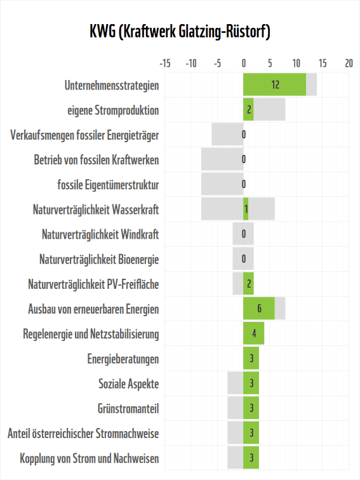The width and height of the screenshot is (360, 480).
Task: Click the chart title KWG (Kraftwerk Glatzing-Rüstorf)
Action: [180, 32]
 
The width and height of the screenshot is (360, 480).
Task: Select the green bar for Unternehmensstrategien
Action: [274, 84]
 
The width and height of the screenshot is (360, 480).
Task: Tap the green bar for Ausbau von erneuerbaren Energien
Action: [259, 309]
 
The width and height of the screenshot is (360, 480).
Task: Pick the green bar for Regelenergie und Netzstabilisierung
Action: [253, 333]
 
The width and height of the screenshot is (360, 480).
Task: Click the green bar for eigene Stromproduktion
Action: [248, 110]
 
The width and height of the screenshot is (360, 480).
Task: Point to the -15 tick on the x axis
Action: [164, 63]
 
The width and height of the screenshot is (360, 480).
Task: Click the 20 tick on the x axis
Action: [349, 63]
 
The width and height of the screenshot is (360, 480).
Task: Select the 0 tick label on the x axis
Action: [243, 63]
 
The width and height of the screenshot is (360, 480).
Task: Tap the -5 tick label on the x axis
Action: [217, 63]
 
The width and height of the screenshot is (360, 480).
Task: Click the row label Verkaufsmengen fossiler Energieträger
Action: [85, 135]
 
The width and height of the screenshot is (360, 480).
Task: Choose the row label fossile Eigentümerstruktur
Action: [108, 185]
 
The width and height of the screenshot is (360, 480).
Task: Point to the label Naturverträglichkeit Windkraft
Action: [100, 234]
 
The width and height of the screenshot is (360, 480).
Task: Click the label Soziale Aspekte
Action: [128, 383]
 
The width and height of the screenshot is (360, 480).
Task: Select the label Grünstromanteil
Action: [128, 408]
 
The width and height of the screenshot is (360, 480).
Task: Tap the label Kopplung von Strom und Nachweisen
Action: [90, 458]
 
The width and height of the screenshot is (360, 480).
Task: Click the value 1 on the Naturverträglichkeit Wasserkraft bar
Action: [246, 210]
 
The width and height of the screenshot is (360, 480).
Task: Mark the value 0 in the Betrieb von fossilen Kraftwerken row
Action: [244, 159]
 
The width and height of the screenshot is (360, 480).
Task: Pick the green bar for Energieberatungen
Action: [251, 359]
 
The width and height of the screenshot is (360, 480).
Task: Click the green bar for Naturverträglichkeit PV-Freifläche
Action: [248, 284]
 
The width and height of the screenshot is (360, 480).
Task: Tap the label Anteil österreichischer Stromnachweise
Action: [83, 434]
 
